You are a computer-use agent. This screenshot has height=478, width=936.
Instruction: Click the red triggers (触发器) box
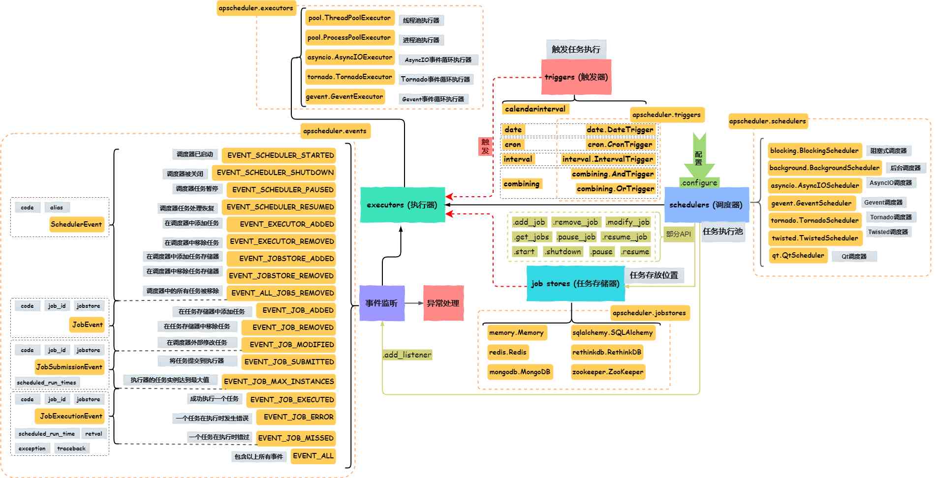(576, 77)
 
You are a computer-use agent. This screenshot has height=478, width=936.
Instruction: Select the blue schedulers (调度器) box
(706, 205)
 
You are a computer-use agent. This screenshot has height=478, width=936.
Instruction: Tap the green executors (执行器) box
(402, 205)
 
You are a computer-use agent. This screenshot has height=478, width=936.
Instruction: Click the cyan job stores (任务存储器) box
(575, 283)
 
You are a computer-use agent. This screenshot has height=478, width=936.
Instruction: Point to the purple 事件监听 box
(381, 303)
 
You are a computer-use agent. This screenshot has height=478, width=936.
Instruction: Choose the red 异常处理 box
(443, 303)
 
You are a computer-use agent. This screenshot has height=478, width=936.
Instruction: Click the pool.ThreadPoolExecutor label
(349, 18)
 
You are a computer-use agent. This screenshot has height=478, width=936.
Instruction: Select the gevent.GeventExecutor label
(344, 96)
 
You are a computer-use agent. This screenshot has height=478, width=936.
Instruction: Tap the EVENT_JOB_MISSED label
(296, 438)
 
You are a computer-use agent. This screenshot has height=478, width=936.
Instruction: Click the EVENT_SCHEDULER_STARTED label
(279, 155)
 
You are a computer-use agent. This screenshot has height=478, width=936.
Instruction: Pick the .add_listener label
(407, 355)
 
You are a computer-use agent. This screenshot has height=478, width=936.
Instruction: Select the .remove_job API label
(575, 222)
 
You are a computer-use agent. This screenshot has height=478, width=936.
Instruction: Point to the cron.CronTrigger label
(620, 144)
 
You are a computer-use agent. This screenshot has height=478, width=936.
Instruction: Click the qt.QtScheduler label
(798, 255)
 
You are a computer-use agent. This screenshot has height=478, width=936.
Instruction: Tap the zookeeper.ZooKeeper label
(607, 372)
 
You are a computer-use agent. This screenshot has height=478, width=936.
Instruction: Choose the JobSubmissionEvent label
(69, 366)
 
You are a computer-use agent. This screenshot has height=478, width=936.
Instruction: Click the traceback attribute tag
(71, 448)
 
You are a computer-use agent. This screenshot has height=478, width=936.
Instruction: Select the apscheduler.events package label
(335, 131)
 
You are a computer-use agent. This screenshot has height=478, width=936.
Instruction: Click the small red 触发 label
(485, 146)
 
